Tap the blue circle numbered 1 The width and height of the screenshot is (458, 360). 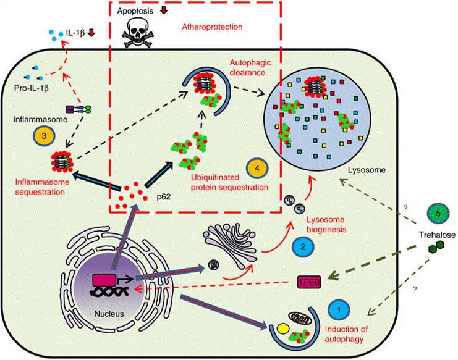tap(338, 307)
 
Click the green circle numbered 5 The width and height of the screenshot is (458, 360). tap(438, 213)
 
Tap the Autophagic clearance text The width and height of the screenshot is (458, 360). tap(248, 69)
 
